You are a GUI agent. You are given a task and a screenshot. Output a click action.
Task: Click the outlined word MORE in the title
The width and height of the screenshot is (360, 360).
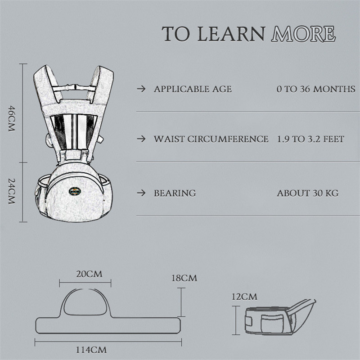point(303,34)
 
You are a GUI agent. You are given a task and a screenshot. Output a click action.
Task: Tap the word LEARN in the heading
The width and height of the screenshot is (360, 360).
point(231,34)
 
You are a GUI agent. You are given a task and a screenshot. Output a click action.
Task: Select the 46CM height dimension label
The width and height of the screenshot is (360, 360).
point(12,118)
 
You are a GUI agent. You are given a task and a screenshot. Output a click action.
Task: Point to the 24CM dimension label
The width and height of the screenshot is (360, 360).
point(12,191)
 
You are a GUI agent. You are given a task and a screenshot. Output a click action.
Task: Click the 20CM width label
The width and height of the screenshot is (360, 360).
point(89,274)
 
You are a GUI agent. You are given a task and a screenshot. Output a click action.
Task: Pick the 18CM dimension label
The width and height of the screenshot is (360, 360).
point(184,278)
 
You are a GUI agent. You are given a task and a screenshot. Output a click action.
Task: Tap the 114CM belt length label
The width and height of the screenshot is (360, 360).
point(91,350)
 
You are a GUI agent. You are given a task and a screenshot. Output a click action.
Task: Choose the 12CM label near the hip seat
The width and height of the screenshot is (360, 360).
point(244,297)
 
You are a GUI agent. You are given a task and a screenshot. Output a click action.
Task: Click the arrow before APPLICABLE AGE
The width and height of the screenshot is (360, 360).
point(141,89)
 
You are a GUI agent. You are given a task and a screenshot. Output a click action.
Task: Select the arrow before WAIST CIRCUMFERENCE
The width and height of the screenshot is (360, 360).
point(141,139)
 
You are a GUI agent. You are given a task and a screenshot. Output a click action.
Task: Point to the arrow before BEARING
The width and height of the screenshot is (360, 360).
point(141,193)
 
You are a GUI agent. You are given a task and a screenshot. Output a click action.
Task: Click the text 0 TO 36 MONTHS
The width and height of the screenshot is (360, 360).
point(316,89)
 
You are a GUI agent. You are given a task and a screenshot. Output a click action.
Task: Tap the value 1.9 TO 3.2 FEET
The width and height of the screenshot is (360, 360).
point(310,139)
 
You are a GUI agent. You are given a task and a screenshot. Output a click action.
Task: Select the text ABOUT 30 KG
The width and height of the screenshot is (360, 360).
point(308,193)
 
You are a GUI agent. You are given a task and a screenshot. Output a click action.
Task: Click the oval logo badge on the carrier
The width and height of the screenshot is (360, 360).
point(75,191)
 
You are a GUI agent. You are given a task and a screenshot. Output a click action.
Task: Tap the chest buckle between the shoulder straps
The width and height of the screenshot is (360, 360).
point(72,87)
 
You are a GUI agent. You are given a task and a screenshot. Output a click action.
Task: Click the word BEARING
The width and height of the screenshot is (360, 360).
point(175,193)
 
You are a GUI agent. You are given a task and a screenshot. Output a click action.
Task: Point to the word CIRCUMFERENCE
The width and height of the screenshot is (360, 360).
point(228,139)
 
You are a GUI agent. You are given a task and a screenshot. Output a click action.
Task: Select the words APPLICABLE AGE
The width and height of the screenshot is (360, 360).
point(193,89)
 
